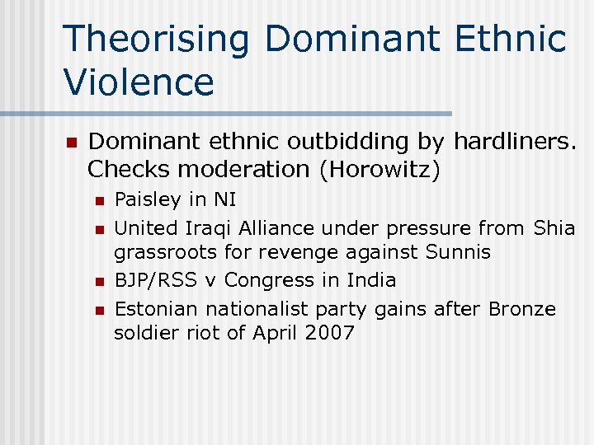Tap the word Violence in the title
[138, 82]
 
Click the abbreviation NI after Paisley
[224, 199]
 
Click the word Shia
[554, 227]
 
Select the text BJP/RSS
[155, 280]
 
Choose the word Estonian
[157, 309]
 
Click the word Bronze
[522, 309]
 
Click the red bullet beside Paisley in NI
[99, 200]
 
